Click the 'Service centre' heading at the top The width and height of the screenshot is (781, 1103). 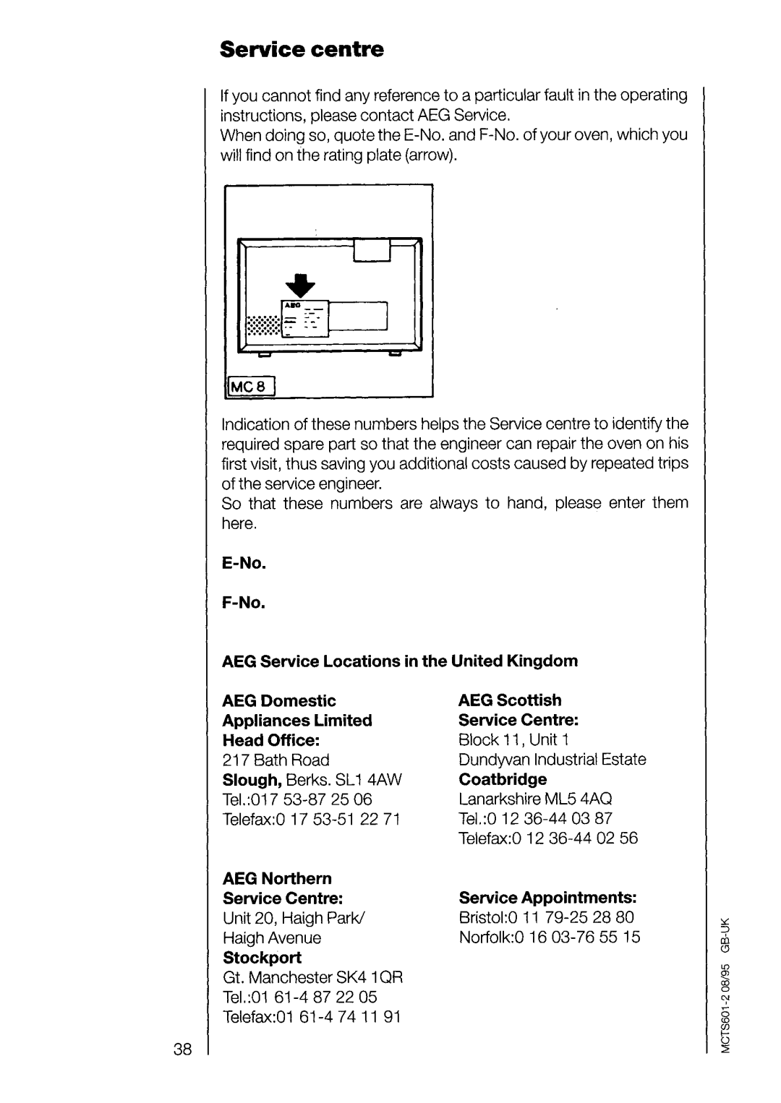click(x=302, y=49)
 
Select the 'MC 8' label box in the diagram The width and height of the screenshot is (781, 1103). click(x=250, y=387)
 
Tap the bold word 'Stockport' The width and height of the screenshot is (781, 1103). click(x=262, y=957)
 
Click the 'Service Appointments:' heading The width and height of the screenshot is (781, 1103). click(x=548, y=898)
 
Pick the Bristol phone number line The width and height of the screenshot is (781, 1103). click(x=547, y=917)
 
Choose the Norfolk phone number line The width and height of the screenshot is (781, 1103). click(x=550, y=937)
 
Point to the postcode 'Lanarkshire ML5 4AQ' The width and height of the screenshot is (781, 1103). click(x=536, y=799)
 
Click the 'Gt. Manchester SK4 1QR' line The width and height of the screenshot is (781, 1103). click(x=312, y=977)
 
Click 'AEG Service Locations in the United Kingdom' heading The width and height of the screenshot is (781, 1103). click(x=400, y=661)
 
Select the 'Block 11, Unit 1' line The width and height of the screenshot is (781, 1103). click(x=514, y=739)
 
